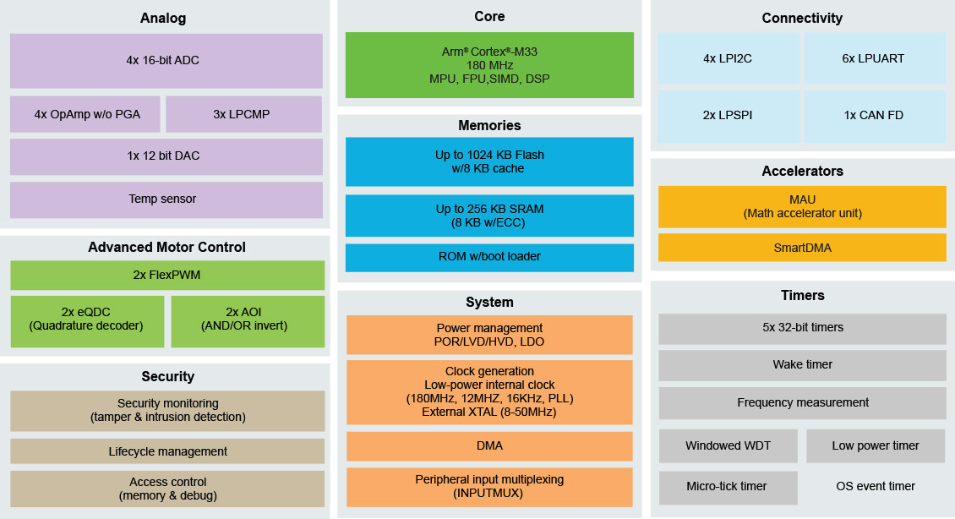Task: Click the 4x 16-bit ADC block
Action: (166, 60)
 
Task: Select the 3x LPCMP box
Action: (243, 114)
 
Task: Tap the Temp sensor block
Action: (166, 199)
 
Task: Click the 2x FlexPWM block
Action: (166, 275)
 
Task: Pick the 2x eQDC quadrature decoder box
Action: (87, 320)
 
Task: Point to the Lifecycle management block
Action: (166, 451)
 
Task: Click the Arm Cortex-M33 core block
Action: (489, 65)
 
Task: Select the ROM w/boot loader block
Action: (489, 257)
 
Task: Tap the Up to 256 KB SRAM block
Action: (489, 216)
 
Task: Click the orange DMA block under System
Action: (489, 445)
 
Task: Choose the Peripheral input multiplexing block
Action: (489, 486)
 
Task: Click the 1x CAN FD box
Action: (874, 116)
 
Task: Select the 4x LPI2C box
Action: (728, 59)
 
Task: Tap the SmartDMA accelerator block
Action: (801, 248)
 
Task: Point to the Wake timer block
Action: (801, 365)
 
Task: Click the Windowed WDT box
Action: (728, 446)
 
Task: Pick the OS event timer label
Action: (875, 487)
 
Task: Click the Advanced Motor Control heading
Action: (166, 248)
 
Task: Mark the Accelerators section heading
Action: (801, 172)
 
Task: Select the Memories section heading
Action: (489, 126)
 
